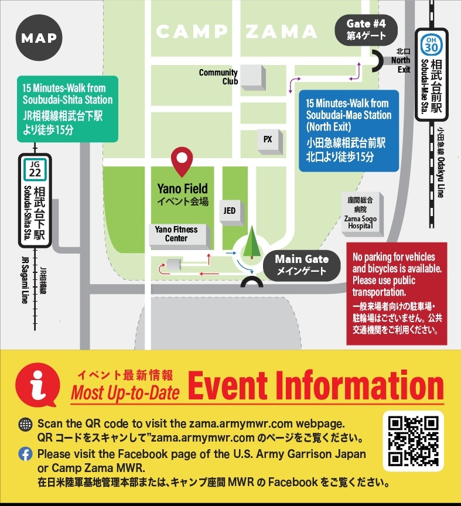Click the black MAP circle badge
point(39,39)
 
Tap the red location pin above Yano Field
point(182,162)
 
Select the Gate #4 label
point(366,29)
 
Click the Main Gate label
point(302,265)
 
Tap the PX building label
point(268,139)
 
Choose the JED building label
point(230,210)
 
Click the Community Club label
point(218,77)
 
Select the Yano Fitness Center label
point(176,234)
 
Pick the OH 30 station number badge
point(431,45)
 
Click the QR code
point(414,440)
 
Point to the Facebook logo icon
point(25,454)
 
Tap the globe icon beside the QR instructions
point(25,423)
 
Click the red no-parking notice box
point(397,293)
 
